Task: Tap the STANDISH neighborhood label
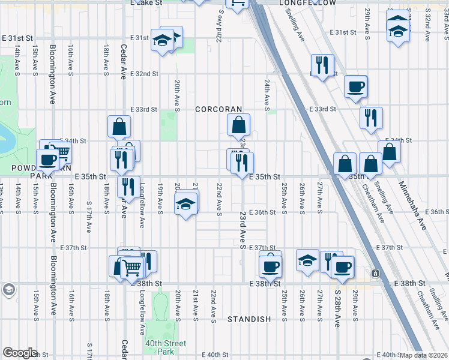point(249,319)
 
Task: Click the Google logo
point(20,353)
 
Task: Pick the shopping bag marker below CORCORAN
point(238,125)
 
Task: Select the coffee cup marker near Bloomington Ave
point(47,159)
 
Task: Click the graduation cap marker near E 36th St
point(186,205)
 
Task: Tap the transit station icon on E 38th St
point(376,273)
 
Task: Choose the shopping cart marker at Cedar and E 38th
point(132,267)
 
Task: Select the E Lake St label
point(147,3)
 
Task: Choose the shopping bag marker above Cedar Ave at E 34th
point(119,126)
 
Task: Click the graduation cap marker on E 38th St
point(307,261)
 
